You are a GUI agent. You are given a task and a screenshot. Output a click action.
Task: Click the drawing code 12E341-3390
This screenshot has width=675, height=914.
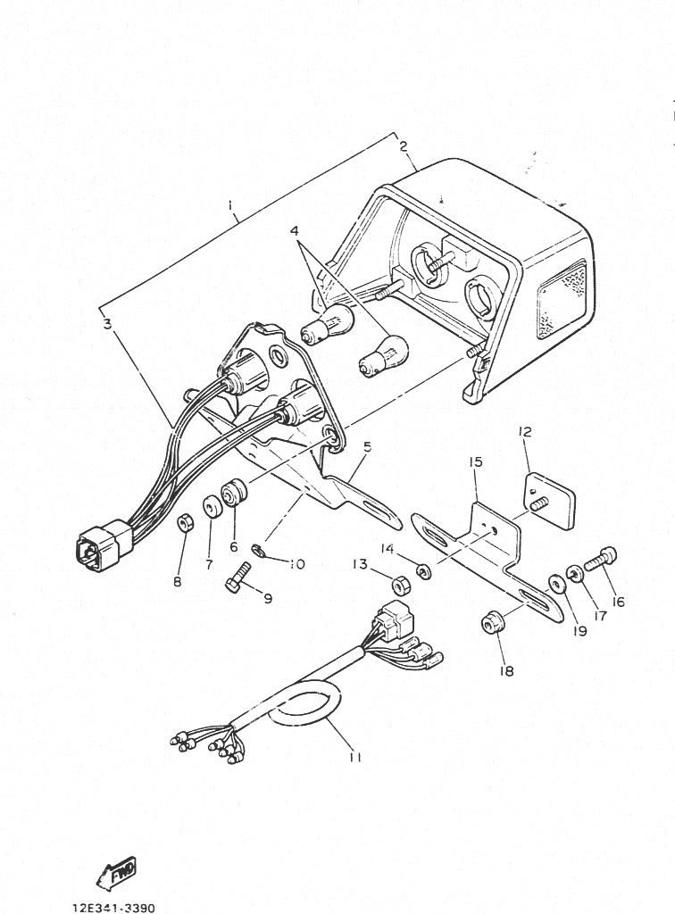coord(113,908)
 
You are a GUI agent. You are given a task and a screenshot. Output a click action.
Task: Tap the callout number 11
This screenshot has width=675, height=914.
coord(355,757)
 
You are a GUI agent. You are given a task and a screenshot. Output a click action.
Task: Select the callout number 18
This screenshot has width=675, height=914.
coord(506,671)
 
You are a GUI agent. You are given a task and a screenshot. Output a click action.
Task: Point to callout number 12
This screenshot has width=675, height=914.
coord(525,432)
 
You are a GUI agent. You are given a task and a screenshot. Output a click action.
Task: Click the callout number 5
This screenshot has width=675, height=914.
coord(367,447)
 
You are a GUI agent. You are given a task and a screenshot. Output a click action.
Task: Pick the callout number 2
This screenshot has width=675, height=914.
coord(404,146)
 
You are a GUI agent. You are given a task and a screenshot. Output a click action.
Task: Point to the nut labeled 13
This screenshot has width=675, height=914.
coord(401,584)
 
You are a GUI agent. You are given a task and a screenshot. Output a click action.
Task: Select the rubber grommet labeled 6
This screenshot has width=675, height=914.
coord(236,493)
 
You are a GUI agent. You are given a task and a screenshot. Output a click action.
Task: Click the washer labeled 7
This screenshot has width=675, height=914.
coord(212,508)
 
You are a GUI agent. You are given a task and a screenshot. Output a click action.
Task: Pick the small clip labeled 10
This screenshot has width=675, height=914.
coord(258,550)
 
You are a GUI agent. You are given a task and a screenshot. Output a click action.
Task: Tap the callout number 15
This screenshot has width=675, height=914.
coord(475,461)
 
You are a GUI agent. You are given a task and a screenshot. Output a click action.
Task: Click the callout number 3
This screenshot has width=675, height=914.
coord(107,324)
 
